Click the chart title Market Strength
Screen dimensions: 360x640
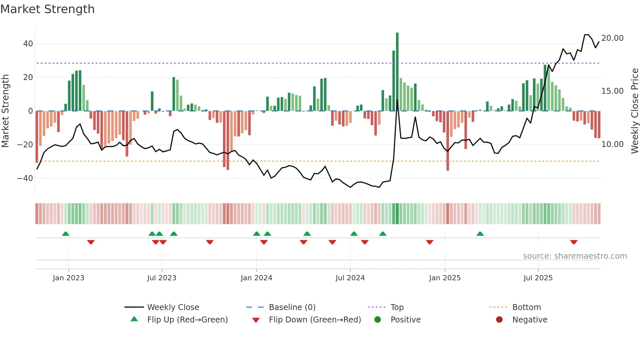coord(48,9)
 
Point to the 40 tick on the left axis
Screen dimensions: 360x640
coord(28,44)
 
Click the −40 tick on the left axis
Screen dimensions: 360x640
coord(25,178)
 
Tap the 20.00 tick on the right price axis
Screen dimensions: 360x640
coord(612,38)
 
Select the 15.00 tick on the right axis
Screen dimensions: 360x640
coord(612,91)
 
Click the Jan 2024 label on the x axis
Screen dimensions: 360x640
coord(256,278)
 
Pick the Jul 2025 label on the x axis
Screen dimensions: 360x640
coord(538,278)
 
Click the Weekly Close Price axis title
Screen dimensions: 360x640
coord(634,111)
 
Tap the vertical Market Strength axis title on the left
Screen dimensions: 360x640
coord(5,111)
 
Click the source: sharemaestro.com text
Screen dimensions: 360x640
coord(575,256)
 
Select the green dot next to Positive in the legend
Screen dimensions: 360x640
coord(378,320)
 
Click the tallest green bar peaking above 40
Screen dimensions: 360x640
coord(397,72)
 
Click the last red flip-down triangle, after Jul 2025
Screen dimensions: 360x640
coord(574,242)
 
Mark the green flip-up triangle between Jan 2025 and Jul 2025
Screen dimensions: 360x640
coord(480,234)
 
